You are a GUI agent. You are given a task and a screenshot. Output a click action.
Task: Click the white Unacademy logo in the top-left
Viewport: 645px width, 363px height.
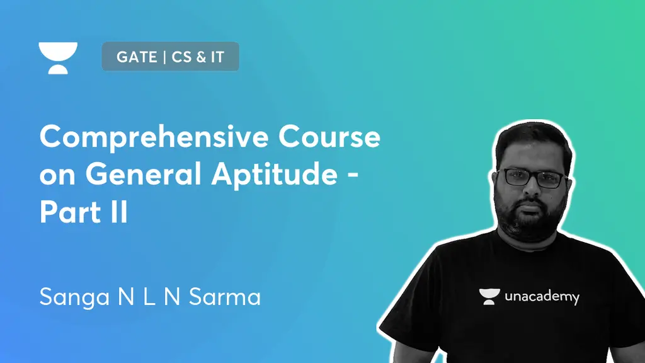point(58,58)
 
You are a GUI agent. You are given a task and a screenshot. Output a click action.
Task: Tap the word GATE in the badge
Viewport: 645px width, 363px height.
point(136,57)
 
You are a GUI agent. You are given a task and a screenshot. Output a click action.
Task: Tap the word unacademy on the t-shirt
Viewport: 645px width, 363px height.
point(542,296)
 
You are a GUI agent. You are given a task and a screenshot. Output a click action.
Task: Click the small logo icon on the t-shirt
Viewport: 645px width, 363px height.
point(488,296)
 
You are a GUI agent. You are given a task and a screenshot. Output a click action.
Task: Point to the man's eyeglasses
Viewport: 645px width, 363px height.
point(534,178)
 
